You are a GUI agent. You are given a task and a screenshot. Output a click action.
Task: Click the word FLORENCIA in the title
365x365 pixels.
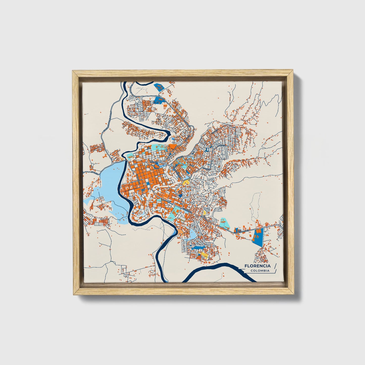257,266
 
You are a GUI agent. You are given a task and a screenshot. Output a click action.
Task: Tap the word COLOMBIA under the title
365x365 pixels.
260,271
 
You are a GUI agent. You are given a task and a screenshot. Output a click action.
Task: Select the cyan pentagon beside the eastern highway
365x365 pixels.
224,222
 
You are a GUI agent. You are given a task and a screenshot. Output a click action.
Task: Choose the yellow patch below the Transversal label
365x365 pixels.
186,182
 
